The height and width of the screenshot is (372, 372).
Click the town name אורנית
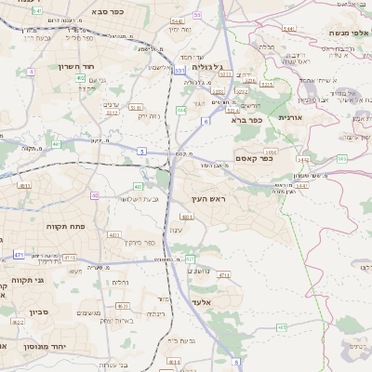click(x=315, y=118)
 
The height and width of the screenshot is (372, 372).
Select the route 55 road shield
click(x=197, y=15)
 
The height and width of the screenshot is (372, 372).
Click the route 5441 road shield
click(x=289, y=29)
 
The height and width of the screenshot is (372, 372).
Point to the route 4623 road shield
click(x=123, y=305)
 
